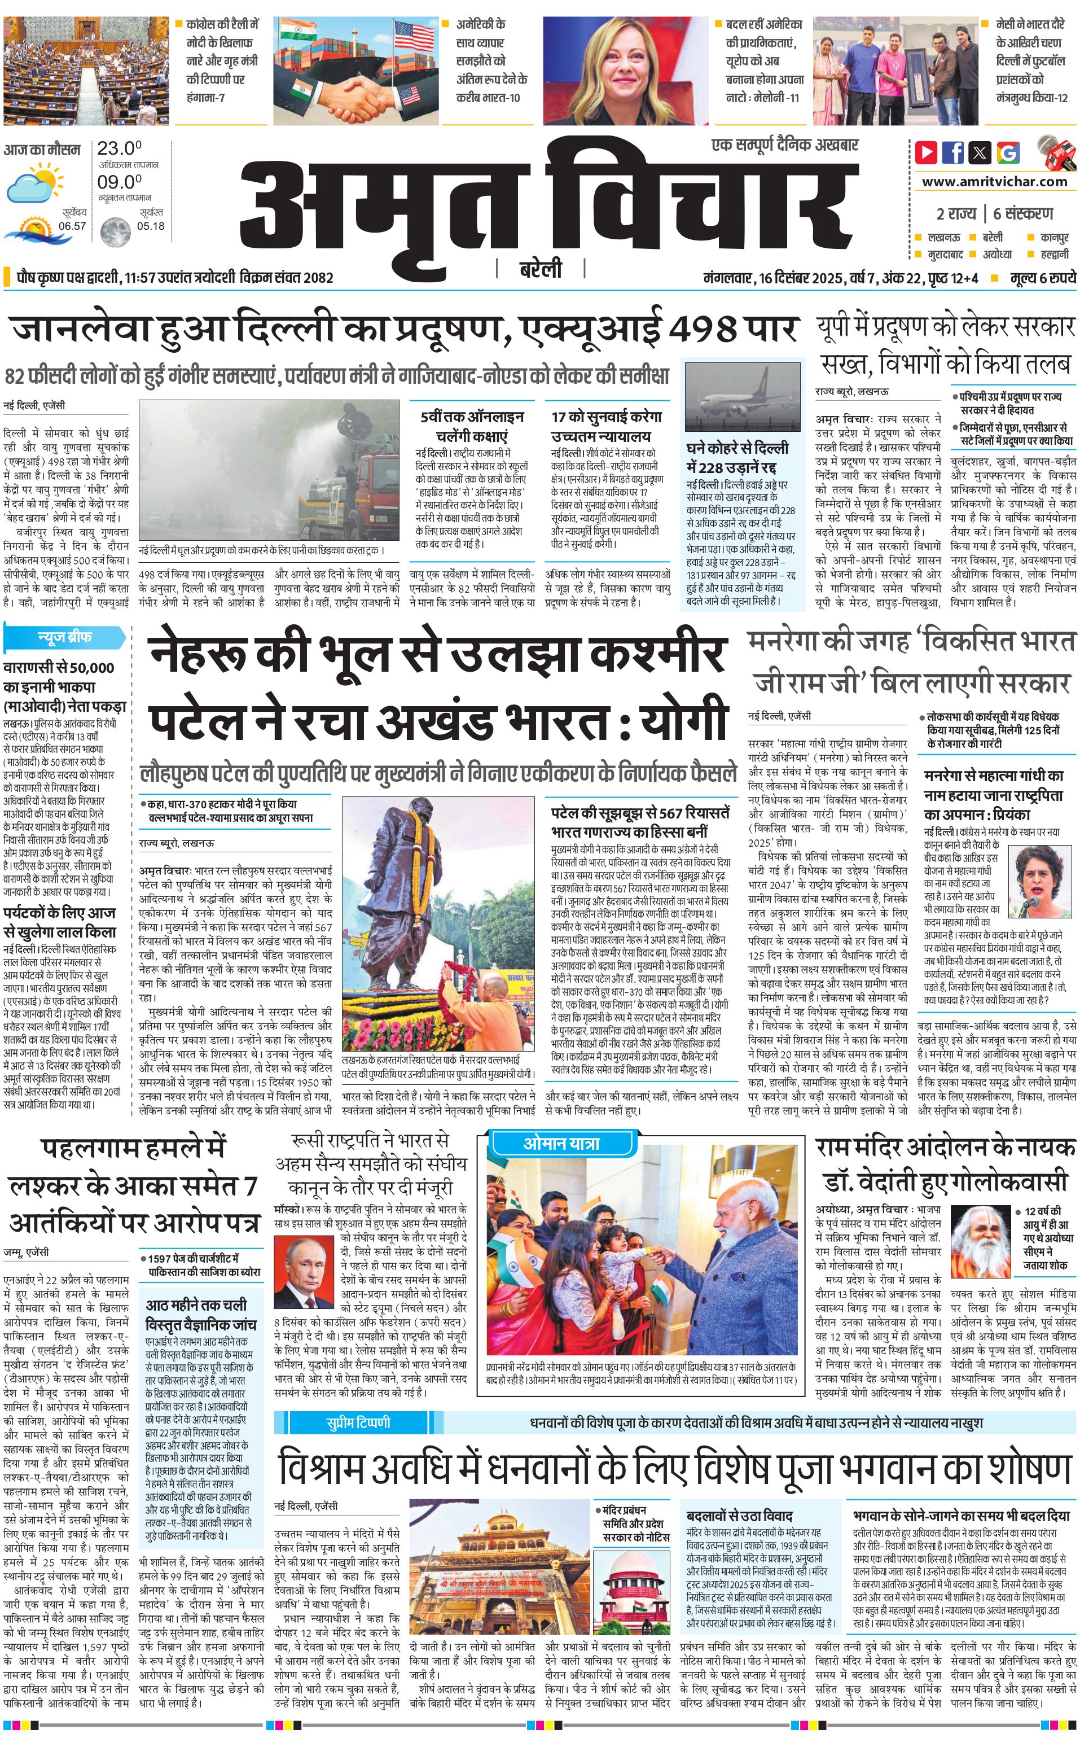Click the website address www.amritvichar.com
click(x=994, y=182)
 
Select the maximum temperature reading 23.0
click(x=119, y=148)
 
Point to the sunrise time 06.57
click(x=72, y=226)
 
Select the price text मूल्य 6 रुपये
click(x=1043, y=277)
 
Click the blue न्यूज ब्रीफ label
click(x=64, y=637)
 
